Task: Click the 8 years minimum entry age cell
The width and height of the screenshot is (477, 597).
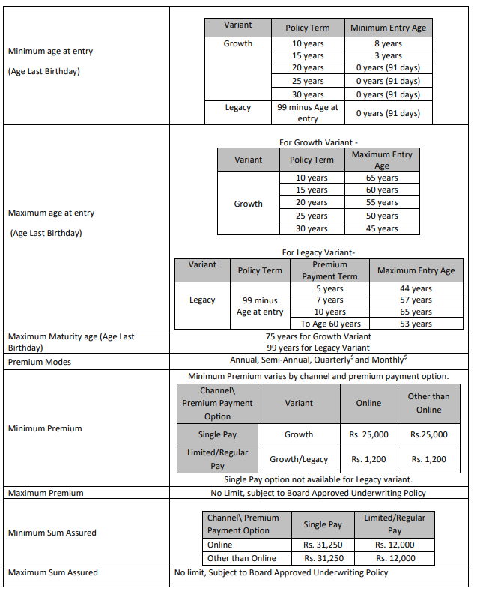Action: (x=389, y=43)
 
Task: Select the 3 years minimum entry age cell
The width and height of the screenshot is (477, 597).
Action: (x=389, y=55)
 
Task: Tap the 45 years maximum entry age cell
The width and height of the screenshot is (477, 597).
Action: (x=382, y=228)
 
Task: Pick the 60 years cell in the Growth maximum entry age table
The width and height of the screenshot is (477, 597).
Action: (x=382, y=190)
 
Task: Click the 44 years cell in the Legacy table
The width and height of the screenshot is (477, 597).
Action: (x=416, y=288)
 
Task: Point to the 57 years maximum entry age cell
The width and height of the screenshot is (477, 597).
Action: (x=416, y=300)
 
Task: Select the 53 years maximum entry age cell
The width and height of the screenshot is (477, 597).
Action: (x=416, y=324)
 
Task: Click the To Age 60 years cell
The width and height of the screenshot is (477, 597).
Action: (x=329, y=324)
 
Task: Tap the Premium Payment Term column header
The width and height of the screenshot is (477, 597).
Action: (x=329, y=270)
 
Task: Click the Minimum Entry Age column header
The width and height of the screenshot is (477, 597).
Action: (x=389, y=28)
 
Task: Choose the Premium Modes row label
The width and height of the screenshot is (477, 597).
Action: (x=40, y=361)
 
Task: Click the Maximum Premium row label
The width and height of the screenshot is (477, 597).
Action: (x=46, y=493)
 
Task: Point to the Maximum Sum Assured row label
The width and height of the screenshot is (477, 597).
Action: (x=52, y=572)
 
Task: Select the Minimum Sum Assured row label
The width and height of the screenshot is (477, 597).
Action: (x=52, y=533)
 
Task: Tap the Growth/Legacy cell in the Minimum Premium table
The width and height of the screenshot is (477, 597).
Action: (x=299, y=459)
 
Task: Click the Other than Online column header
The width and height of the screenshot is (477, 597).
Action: (x=429, y=402)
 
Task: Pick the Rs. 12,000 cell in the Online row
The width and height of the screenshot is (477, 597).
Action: (x=395, y=545)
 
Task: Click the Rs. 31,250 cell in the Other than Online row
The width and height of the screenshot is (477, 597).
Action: (x=323, y=558)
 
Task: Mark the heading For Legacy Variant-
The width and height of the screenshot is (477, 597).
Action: (x=318, y=252)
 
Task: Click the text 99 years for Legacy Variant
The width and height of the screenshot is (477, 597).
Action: (x=318, y=348)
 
